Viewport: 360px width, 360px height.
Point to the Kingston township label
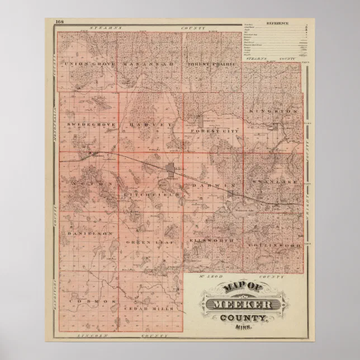pyautogui.click(x=274, y=111)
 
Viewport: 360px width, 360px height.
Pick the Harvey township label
pyautogui.click(x=149, y=124)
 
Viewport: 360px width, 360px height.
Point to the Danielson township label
pyautogui.click(x=90, y=233)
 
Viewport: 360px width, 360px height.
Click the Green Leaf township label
pyautogui.click(x=146, y=242)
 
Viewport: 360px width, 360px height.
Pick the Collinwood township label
pyautogui.click(x=274, y=245)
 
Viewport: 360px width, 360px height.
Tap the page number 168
pyautogui.click(x=60, y=22)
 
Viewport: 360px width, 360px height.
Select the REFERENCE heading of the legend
pyautogui.click(x=277, y=23)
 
